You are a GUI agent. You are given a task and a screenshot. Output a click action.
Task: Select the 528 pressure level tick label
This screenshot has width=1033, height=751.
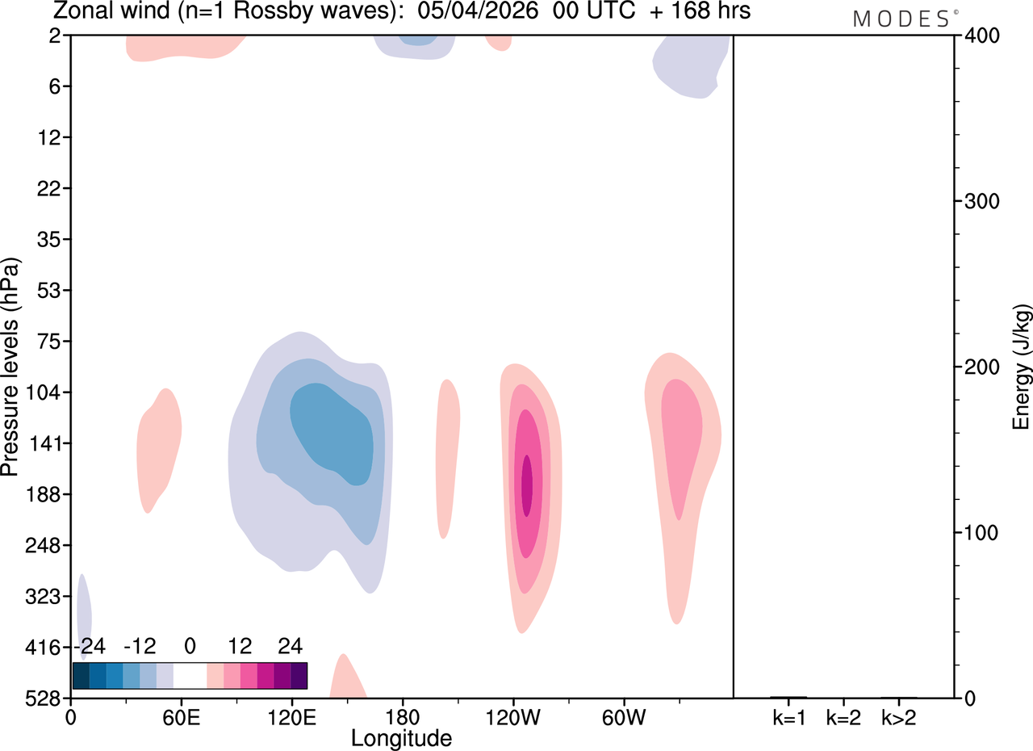pyautogui.click(x=44, y=699)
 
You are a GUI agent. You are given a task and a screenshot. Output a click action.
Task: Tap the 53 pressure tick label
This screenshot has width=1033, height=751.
pyautogui.click(x=49, y=291)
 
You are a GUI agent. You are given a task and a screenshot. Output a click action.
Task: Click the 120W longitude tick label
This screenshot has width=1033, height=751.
pyautogui.click(x=512, y=718)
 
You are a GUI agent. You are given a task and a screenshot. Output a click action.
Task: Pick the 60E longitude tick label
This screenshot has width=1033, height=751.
pyautogui.click(x=182, y=718)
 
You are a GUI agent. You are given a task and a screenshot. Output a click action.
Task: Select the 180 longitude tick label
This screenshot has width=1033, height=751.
pyautogui.click(x=403, y=718)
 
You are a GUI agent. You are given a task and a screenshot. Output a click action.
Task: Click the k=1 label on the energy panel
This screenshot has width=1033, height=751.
pyautogui.click(x=789, y=718)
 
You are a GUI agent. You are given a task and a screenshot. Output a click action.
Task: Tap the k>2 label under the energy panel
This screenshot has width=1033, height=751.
pyautogui.click(x=899, y=718)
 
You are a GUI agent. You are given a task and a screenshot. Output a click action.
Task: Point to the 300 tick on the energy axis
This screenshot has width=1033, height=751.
pyautogui.click(x=982, y=202)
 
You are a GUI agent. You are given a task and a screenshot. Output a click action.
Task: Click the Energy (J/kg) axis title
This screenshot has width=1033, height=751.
pyautogui.click(x=1022, y=367)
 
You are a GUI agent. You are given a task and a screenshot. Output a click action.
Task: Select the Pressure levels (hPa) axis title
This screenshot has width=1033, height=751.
pyautogui.click(x=10, y=367)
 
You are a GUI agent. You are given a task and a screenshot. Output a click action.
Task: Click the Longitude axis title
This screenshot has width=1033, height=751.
pyautogui.click(x=401, y=739)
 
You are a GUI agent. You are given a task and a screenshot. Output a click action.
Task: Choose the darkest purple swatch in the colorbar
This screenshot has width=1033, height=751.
pyautogui.click(x=299, y=676)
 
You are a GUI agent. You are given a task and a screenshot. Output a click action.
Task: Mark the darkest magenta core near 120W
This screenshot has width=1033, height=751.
pyautogui.click(x=527, y=486)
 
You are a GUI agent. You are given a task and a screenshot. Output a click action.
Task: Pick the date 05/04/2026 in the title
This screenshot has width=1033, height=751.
pyautogui.click(x=478, y=10)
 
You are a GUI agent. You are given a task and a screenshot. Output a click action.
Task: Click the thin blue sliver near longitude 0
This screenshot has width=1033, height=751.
pyautogui.click(x=84, y=616)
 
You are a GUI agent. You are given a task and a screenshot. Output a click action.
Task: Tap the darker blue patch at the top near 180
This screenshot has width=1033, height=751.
pyautogui.click(x=418, y=40)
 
